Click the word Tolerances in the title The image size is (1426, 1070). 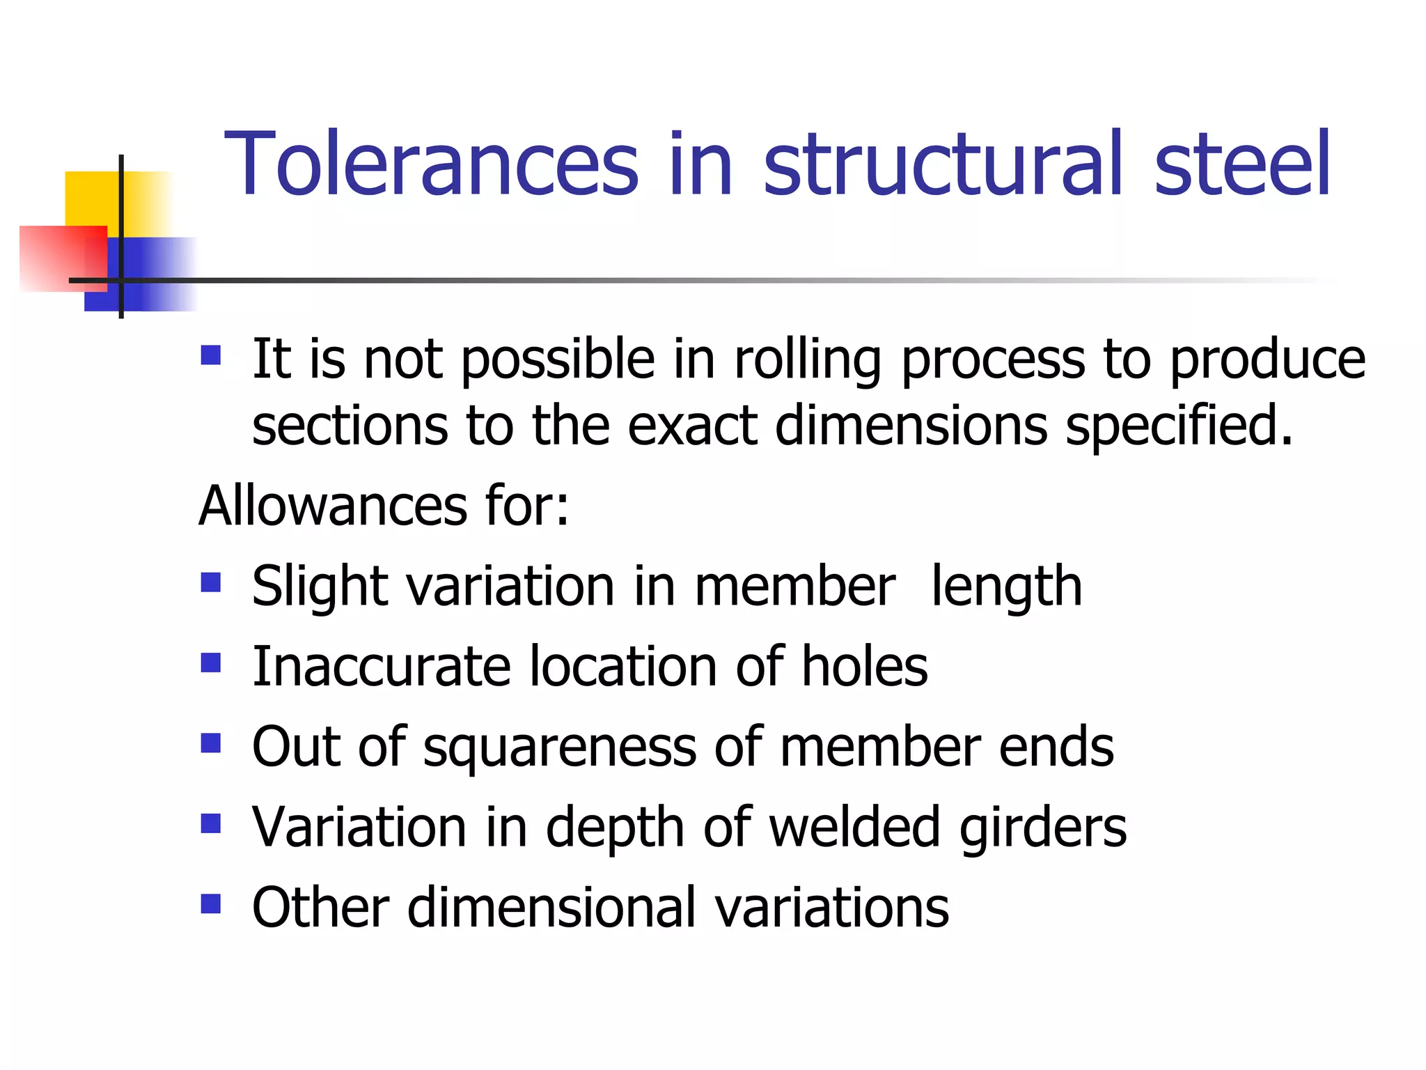coord(431,164)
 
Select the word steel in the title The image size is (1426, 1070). coord(1242,164)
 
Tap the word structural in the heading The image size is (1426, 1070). coord(943,164)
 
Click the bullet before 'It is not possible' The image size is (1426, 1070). coord(210,356)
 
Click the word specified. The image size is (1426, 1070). coord(1180,426)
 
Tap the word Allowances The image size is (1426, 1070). coord(333,506)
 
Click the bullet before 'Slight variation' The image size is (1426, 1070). coord(210,582)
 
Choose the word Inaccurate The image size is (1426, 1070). coord(382,667)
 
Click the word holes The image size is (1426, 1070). coord(865,667)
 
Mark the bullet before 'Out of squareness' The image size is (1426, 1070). coord(210,743)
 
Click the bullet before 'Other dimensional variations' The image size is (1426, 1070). coord(210,904)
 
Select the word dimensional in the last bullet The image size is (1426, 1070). coord(552,908)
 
